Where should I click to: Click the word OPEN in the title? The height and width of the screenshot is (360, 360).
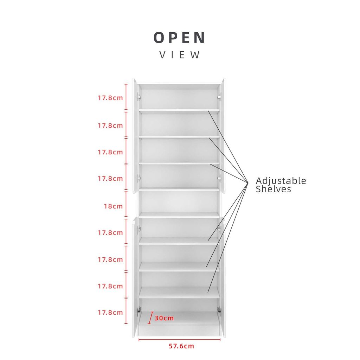click(179, 38)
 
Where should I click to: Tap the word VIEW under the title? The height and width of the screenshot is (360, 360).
click(180, 55)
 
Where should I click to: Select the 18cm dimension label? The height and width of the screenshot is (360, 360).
click(114, 206)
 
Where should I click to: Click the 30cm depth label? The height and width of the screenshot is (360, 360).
click(164, 318)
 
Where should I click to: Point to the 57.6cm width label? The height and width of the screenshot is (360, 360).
click(181, 346)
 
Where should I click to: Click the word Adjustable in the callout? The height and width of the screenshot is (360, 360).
click(281, 181)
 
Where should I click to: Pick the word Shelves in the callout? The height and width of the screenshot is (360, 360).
click(274, 189)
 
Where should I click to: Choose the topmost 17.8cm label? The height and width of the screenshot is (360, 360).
click(110, 98)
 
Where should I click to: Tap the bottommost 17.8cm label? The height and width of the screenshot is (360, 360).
click(110, 313)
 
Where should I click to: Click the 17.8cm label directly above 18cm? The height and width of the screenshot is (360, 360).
click(110, 178)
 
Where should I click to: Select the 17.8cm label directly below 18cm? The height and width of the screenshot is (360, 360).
click(110, 233)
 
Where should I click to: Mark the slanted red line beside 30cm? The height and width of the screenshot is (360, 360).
click(150, 318)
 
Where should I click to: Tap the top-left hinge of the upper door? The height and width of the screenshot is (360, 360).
click(139, 97)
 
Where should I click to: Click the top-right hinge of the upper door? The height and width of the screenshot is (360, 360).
click(219, 97)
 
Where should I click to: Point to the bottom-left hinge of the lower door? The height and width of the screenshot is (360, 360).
click(139, 310)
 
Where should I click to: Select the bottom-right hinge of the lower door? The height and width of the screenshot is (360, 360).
click(219, 310)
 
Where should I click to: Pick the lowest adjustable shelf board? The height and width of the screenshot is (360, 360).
click(179, 292)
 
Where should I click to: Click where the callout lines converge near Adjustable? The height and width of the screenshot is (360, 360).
click(248, 183)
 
